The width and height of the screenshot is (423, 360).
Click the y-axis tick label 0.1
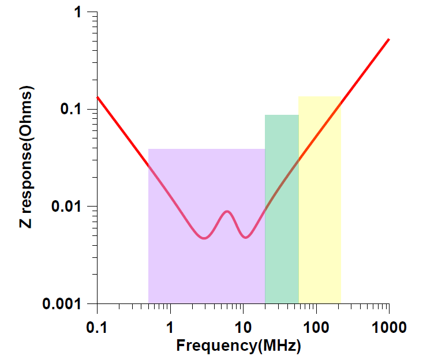point(74,109)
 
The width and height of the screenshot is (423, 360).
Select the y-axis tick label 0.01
point(69,206)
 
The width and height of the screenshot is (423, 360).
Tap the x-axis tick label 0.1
point(96,327)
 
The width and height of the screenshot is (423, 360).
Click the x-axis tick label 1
point(170,327)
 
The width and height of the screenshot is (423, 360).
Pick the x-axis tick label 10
point(243,327)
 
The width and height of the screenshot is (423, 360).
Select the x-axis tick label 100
point(316,327)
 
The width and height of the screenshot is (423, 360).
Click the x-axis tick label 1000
point(389,327)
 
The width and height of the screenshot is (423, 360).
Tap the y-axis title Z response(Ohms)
point(26,157)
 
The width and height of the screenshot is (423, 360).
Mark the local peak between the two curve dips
point(227,211)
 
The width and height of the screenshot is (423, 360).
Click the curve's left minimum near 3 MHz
point(204,238)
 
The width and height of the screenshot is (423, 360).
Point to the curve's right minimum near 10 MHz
point(246,237)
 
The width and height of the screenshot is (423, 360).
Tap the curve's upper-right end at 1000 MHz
point(389,39)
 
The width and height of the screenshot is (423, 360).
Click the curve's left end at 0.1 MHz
point(97,97)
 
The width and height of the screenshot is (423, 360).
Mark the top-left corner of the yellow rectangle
point(299,97)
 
